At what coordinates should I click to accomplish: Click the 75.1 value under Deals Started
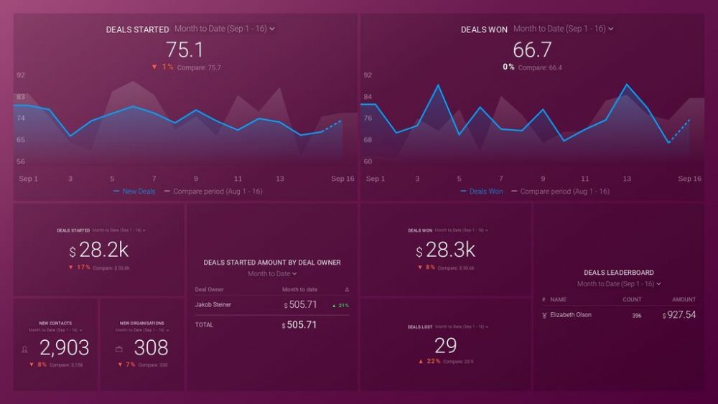pos(185,50)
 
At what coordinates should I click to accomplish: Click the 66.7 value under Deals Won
pos(532,50)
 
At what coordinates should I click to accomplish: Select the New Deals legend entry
pos(139,192)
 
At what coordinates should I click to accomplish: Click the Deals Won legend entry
pos(486,192)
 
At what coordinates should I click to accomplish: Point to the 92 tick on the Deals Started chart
pos(21,75)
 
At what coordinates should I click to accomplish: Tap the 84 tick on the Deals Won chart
pos(368,97)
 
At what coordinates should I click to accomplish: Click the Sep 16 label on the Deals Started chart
pos(342,179)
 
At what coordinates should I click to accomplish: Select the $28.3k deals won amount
pos(446,251)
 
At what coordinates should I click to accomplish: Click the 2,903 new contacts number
pos(64,348)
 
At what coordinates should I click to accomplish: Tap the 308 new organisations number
pos(151,348)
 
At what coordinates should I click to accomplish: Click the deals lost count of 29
pos(445,345)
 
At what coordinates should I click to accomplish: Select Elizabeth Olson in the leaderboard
pos(571,315)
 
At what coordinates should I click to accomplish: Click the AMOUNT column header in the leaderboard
pos(684,299)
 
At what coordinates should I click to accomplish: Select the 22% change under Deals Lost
pos(430,361)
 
